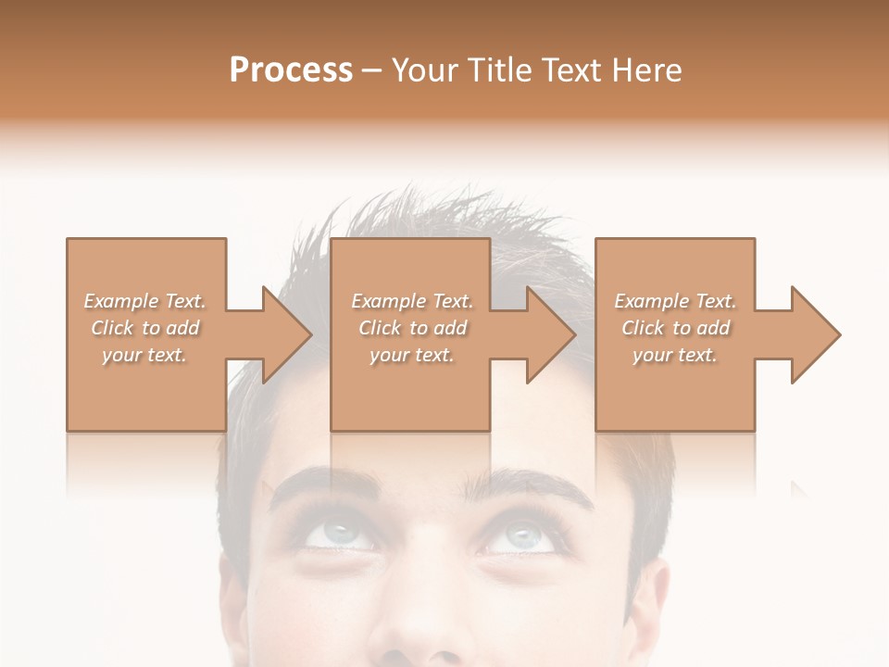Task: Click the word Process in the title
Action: tap(291, 70)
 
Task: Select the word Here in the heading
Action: tap(646, 70)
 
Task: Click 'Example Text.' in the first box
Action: tap(144, 301)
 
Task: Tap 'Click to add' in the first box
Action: tap(145, 328)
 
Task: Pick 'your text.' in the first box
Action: tap(144, 355)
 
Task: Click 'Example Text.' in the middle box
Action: tap(412, 301)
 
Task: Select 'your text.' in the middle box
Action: tap(412, 355)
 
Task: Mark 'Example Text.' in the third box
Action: tap(675, 301)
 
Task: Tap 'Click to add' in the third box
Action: tap(676, 328)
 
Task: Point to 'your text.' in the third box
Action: tap(675, 355)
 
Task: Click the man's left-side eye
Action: tap(338, 535)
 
